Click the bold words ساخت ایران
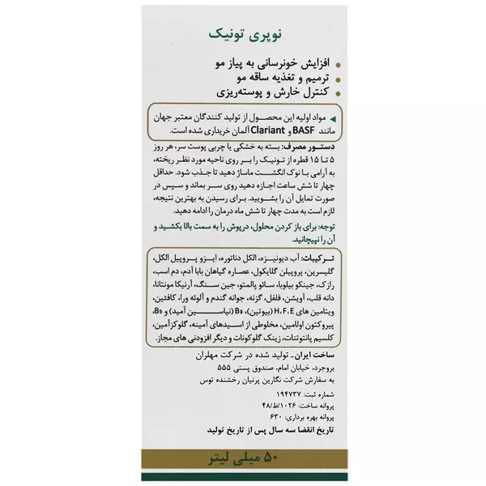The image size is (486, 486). pyautogui.click(x=317, y=354)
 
